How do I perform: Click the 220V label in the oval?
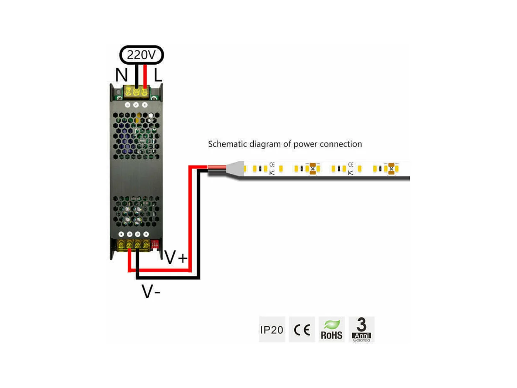tap(141, 55)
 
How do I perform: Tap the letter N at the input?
tap(121, 75)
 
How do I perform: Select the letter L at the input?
tap(158, 75)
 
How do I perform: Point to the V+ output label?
tap(176, 257)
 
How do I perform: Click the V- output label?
tap(151, 292)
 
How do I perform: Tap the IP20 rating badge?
tap(272, 330)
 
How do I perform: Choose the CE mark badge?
tap(302, 330)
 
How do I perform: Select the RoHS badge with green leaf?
tap(332, 330)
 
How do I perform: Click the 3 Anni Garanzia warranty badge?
tap(362, 330)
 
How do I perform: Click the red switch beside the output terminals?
tap(155, 244)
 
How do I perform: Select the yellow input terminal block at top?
tap(136, 91)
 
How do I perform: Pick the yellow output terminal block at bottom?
tap(133, 245)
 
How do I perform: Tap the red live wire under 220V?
tap(145, 76)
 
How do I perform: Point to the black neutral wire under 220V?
tap(137, 76)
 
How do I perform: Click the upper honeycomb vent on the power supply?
tap(136, 136)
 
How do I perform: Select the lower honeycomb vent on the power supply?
tap(136, 211)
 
